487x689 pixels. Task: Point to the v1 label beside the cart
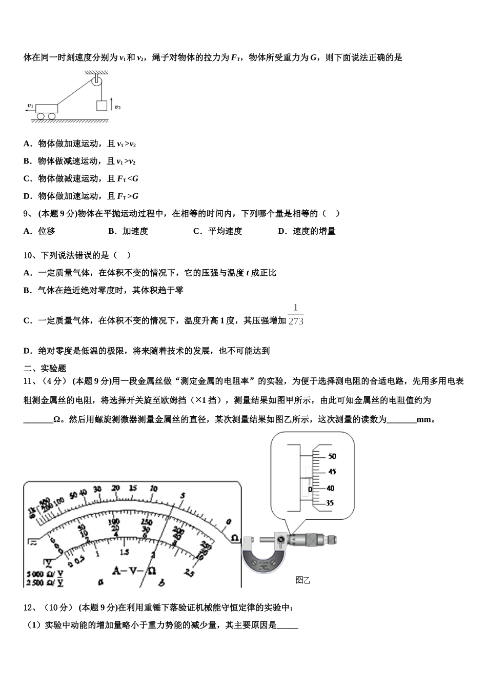[31, 106]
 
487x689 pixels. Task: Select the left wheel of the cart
[40, 116]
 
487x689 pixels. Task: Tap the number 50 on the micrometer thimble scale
[332, 456]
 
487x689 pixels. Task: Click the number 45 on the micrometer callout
[332, 472]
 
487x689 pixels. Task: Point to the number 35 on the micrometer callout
[329, 503]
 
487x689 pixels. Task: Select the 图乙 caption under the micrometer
[303, 580]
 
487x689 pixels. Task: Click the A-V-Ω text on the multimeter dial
[134, 570]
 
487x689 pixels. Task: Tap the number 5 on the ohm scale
[181, 496]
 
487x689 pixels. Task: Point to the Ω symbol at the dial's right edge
[234, 538]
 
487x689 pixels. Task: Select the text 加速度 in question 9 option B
[135, 231]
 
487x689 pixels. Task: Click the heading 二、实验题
[45, 368]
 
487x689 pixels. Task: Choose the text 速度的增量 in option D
[314, 231]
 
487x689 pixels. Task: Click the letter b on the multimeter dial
[161, 582]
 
